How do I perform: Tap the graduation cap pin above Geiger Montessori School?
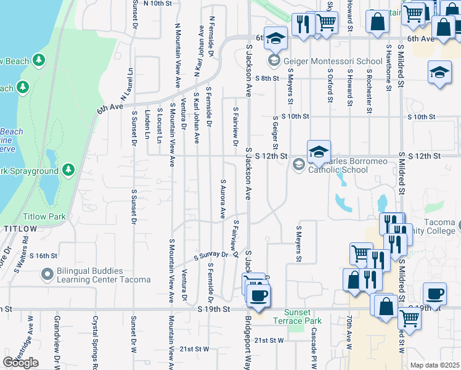(x=276, y=39)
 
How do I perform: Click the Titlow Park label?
(x=44, y=217)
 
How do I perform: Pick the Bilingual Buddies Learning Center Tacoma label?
(x=104, y=275)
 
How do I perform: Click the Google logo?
(x=20, y=363)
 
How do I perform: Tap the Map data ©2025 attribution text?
(x=434, y=365)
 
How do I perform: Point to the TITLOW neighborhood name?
(x=20, y=229)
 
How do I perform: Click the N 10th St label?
(x=157, y=3)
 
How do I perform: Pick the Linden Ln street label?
(x=147, y=123)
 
